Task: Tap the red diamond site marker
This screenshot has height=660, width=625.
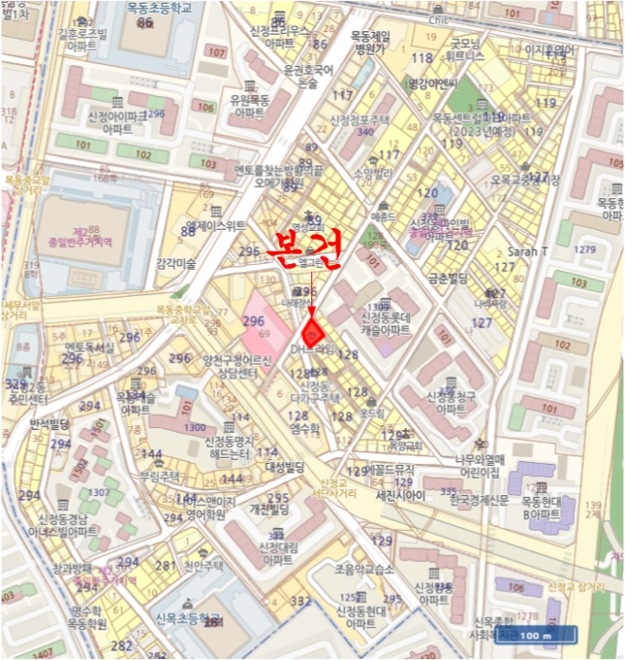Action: coord(313,332)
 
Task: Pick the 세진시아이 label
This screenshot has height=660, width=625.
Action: coord(397,494)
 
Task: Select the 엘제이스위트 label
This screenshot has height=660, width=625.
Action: coord(216,225)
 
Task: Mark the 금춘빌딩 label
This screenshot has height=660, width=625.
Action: coord(448,278)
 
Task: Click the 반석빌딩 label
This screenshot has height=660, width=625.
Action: coord(51,424)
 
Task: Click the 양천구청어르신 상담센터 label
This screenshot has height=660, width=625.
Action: coord(237,367)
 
